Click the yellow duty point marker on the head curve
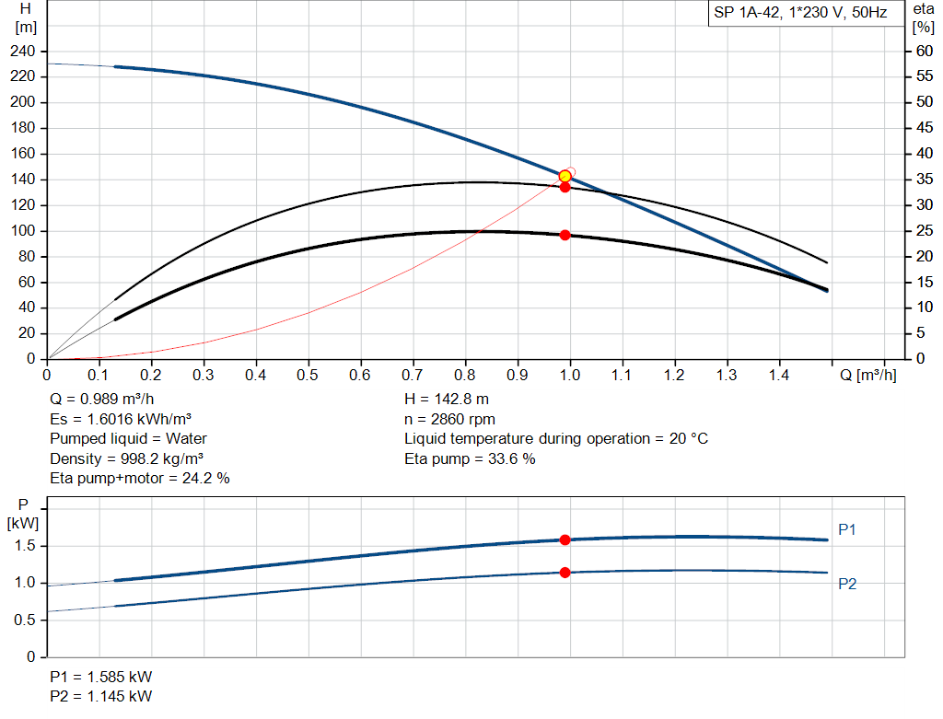565,176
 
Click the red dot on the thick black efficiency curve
565,235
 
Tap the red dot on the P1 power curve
565,539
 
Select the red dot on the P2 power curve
565,573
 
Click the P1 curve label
847,529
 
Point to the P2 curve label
847,584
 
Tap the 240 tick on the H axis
25,51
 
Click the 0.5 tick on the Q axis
309,375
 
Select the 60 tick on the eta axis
923,51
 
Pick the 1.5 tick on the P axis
25,546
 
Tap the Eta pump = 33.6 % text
470,458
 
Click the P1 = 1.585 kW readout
101,677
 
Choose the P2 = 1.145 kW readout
101,696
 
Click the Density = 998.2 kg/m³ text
126,458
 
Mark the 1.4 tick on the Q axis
779,375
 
